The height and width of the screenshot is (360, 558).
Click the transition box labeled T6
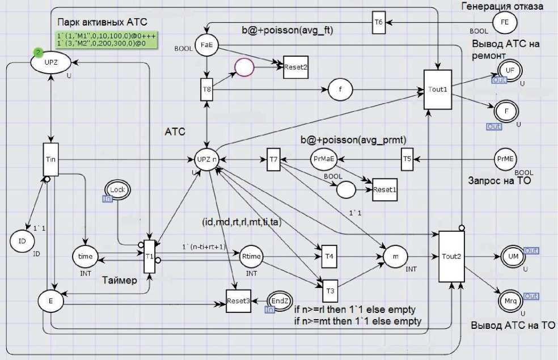[x=379, y=22]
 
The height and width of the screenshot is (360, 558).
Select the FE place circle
[x=504, y=23]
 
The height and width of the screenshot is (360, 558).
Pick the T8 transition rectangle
[x=206, y=90]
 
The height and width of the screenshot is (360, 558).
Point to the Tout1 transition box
[x=437, y=90]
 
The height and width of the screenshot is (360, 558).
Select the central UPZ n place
[x=206, y=159]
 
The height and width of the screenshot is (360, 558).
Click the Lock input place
[x=116, y=190]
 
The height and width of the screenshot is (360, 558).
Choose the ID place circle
[x=22, y=241]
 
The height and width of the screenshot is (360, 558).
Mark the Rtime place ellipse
[x=251, y=256]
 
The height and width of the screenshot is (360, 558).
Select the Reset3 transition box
[x=238, y=301]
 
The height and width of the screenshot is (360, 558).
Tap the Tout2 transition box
[x=452, y=256]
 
